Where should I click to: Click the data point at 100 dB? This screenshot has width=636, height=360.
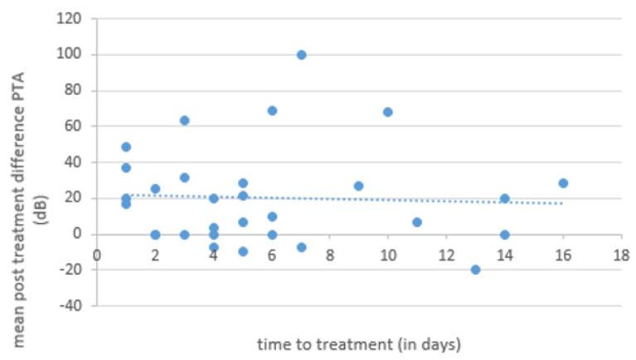301,55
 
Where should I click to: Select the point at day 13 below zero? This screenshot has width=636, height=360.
475,270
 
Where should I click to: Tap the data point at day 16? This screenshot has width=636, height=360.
563,183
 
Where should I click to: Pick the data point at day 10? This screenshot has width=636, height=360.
388,112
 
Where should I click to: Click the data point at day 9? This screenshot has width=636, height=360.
359,186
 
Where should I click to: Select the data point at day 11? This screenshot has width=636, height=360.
417,222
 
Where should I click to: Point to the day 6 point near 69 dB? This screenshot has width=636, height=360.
272,110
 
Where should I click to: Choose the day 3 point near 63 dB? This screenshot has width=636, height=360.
184,120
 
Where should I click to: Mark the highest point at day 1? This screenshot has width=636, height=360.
126,147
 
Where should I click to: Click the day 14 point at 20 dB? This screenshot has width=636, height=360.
504,198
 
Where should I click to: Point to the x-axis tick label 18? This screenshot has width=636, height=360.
620,254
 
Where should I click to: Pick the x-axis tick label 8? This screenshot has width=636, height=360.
330,254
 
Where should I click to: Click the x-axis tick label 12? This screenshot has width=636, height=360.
446,254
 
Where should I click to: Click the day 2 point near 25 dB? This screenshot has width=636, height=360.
155,189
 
